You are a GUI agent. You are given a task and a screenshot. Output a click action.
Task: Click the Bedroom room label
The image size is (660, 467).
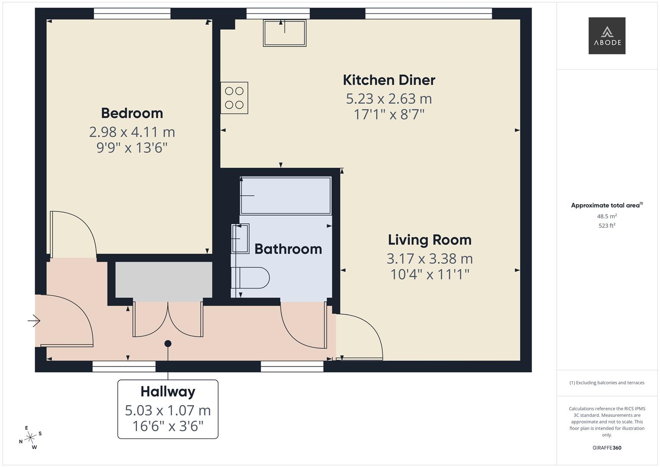click(132, 113)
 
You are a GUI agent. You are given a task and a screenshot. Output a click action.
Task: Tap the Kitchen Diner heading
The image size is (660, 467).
click(389, 80)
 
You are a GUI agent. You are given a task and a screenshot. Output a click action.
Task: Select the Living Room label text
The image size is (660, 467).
click(430, 240)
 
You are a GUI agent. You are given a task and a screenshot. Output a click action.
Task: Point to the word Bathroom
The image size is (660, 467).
click(288, 249)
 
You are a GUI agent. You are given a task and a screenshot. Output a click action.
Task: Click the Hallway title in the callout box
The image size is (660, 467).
click(168, 392)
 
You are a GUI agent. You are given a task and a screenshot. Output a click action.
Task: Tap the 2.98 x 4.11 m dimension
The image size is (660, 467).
click(132, 132)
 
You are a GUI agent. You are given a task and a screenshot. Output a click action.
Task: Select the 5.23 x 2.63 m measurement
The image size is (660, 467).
click(389, 99)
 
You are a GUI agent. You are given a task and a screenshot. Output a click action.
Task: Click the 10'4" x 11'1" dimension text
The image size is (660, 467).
click(430, 274)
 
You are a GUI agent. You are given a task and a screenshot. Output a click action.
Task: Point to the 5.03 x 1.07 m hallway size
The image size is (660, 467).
click(168, 410)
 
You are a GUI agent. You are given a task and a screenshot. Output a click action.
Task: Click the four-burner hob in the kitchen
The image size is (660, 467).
click(234, 98)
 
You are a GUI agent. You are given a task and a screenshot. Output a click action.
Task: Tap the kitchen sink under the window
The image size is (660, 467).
click(285, 33)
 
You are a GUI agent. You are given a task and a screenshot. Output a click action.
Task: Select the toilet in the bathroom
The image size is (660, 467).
click(250, 278)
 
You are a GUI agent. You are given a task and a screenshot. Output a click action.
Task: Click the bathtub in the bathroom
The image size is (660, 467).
click(286, 195)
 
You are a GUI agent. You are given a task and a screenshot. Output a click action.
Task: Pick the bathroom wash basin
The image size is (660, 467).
click(240, 239)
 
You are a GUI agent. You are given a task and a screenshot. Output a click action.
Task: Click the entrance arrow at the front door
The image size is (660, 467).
click(34, 321)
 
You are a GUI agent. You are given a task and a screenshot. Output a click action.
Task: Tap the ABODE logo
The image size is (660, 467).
click(607, 35)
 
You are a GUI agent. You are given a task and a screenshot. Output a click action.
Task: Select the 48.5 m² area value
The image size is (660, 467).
click(607, 216)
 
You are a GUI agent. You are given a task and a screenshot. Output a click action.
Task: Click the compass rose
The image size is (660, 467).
click(30, 438)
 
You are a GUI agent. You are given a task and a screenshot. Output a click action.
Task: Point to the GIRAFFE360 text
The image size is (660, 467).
click(607, 448)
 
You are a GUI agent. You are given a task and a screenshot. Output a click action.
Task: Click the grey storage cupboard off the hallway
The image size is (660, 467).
click(163, 280)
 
